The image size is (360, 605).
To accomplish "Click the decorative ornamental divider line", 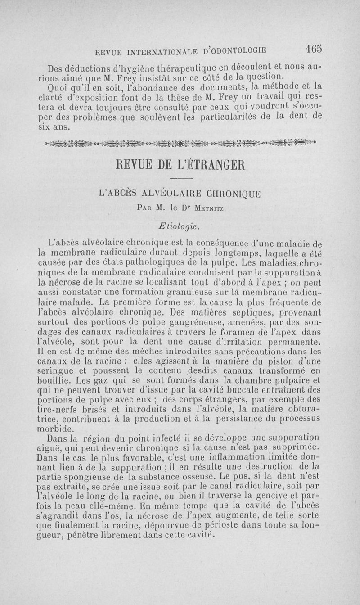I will (x=180, y=143).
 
